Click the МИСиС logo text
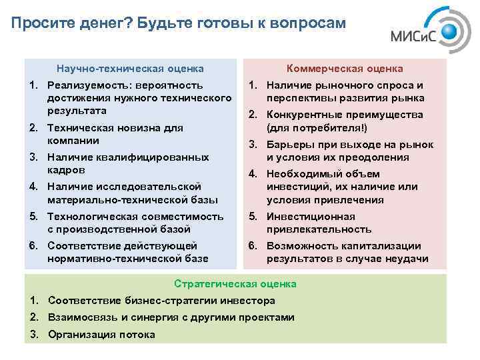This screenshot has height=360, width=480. pyautogui.click(x=413, y=38)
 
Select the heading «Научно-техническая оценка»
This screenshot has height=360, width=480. pyautogui.click(x=130, y=68)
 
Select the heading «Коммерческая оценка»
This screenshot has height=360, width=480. pyautogui.click(x=345, y=68)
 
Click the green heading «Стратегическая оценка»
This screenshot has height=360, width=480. pyautogui.click(x=235, y=284)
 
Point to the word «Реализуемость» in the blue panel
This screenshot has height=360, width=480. pyautogui.click(x=83, y=85)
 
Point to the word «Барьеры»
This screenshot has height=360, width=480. pyautogui.click(x=288, y=144)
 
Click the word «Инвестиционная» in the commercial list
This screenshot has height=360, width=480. pyautogui.click(x=311, y=216)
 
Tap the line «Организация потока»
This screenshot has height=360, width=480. pyautogui.click(x=101, y=334)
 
